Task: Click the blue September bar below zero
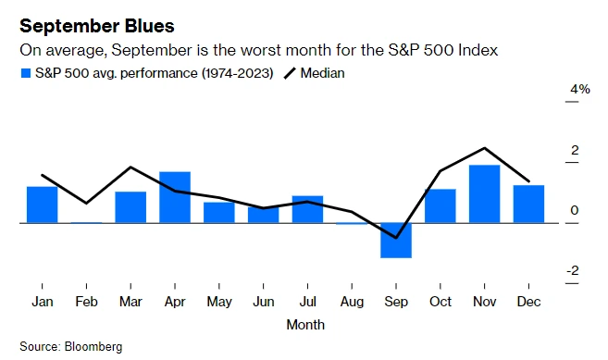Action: pos(396,241)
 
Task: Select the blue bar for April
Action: pos(175,197)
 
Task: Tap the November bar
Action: pos(484,194)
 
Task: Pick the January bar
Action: pos(43,205)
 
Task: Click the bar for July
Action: pos(307,209)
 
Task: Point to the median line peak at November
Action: pos(484,148)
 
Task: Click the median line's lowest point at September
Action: pos(396,238)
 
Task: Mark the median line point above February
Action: pos(86,203)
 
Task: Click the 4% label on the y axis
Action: pos(580,89)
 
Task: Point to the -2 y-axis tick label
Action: pos(573,270)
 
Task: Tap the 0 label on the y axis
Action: pos(575,210)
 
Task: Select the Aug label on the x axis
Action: pos(352,302)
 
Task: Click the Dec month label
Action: pos(528,302)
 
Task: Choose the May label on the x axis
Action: pos(219,302)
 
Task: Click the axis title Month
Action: pos(305,324)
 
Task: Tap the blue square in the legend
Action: pos(26,73)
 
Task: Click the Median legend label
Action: pos(322,73)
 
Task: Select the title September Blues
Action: pos(97,27)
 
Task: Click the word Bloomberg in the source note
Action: pos(93,346)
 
